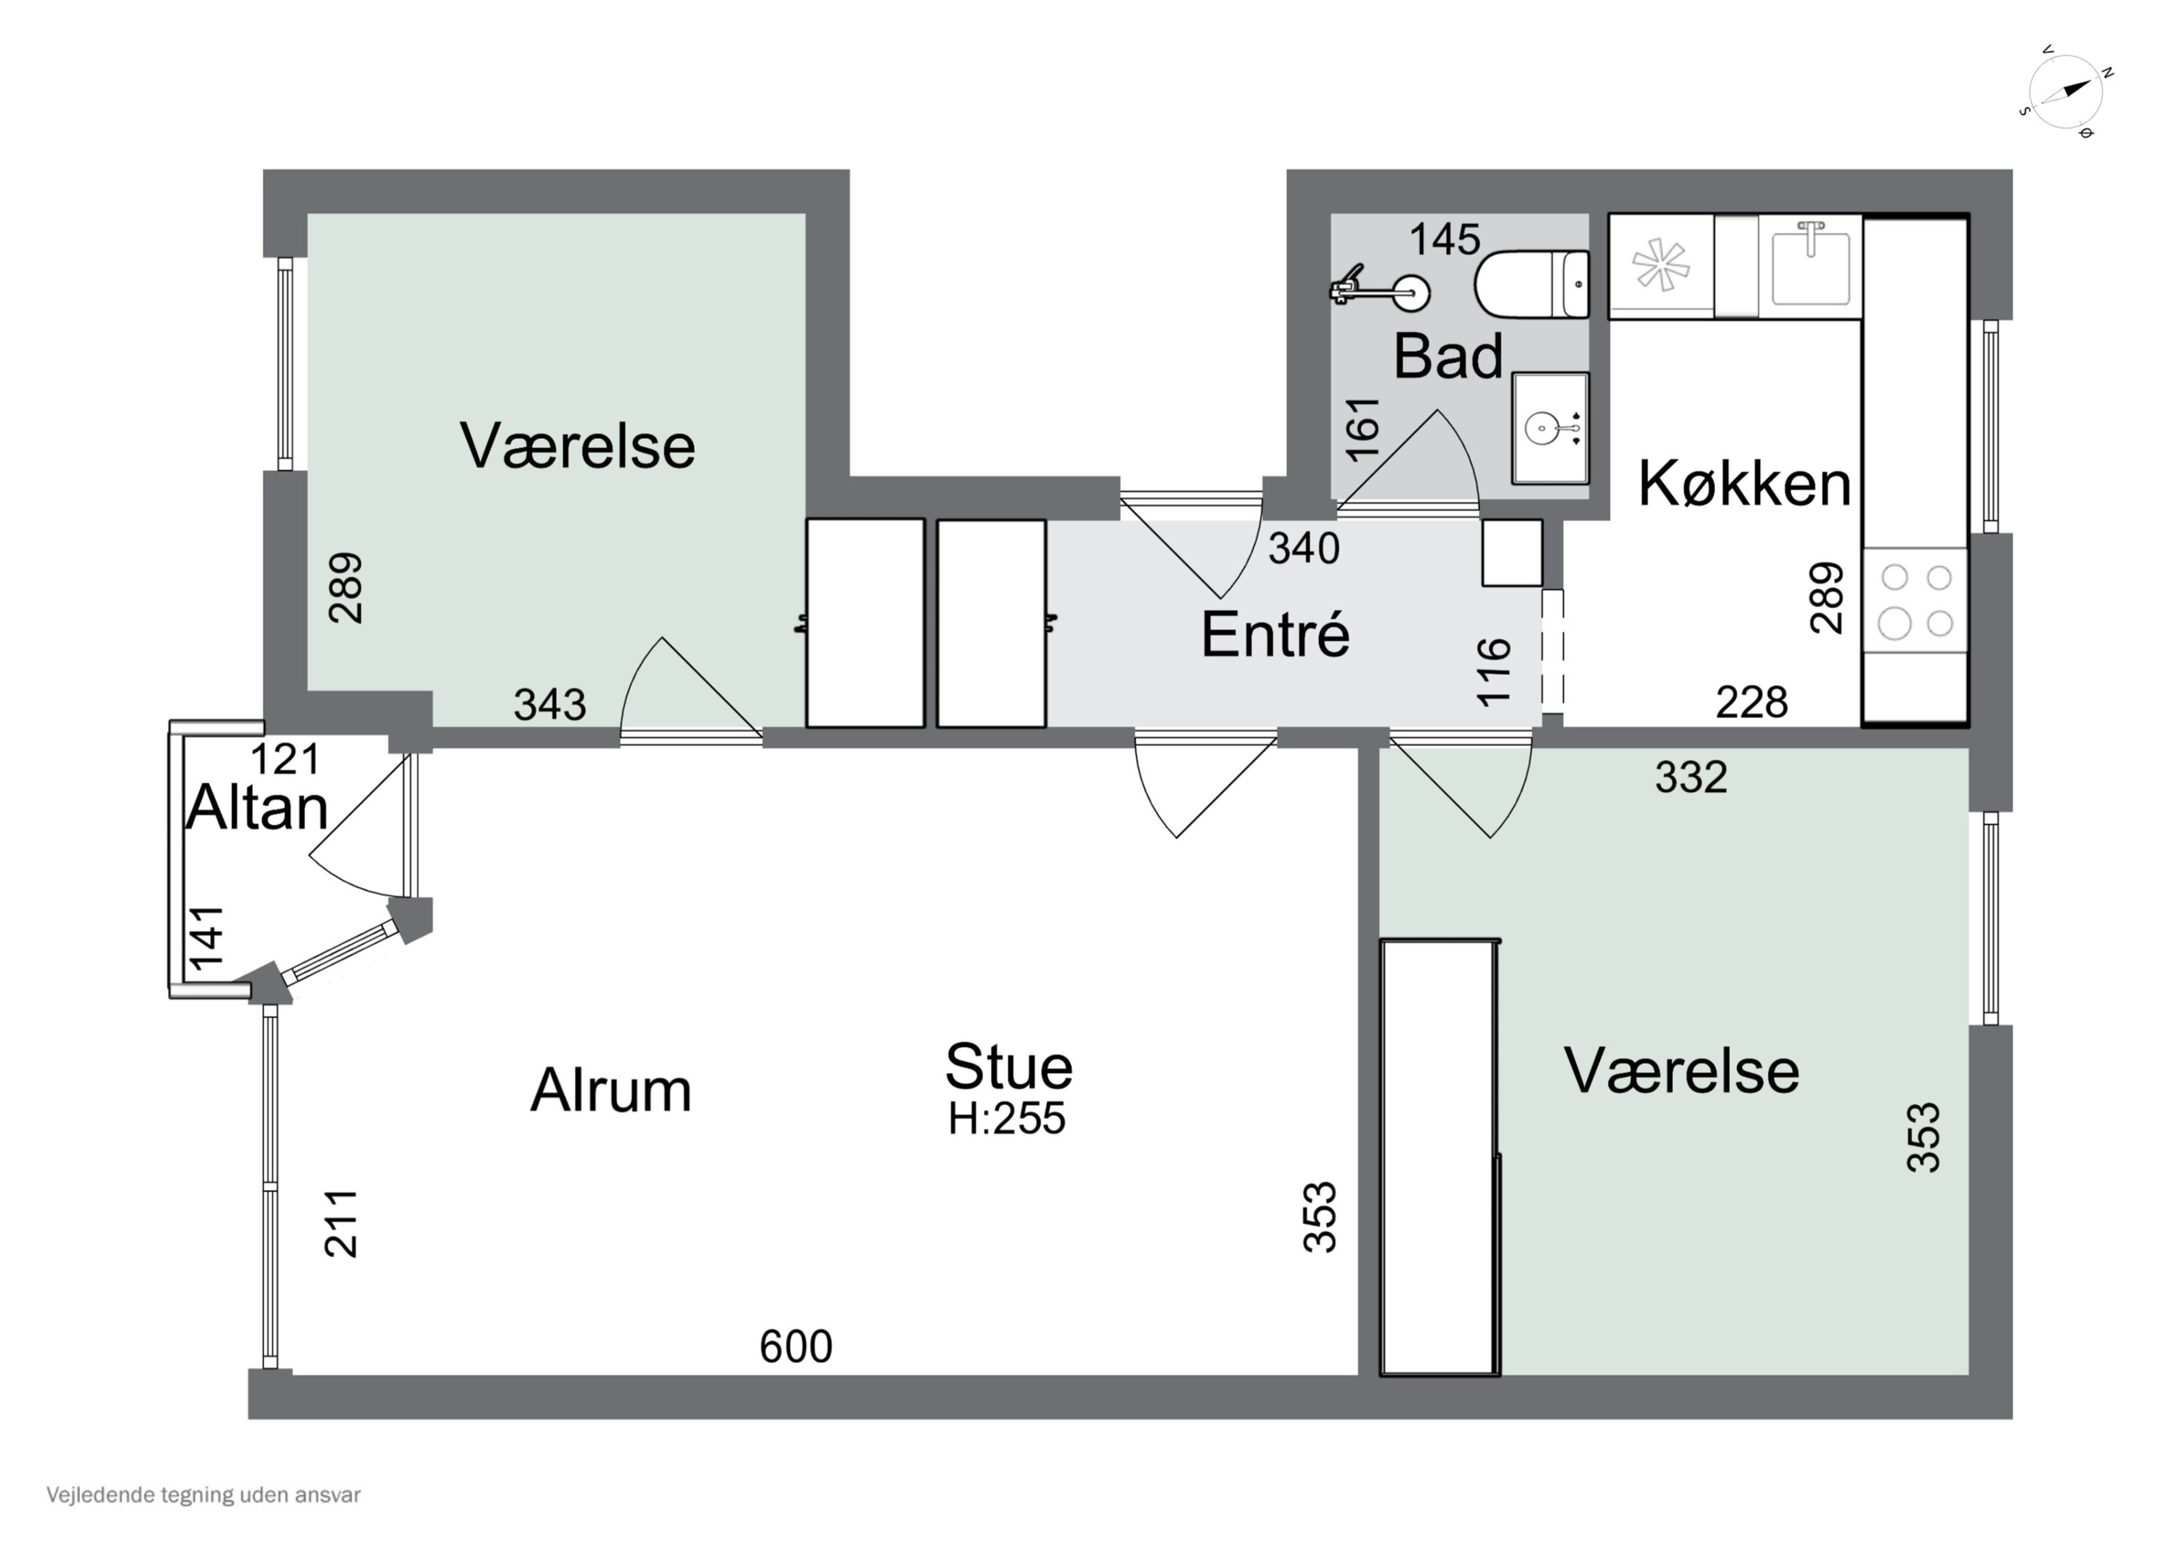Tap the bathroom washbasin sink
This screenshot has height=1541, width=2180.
[x=1549, y=428]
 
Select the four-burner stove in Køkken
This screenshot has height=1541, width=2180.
[x=1915, y=600]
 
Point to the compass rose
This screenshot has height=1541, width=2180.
[x=2066, y=91]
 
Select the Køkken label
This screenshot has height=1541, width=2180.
[x=1744, y=483]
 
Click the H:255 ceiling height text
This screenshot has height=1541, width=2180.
[x=1006, y=1118]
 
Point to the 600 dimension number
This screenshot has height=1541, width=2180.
[x=796, y=1346]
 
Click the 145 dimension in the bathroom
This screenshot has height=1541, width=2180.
[x=1444, y=239]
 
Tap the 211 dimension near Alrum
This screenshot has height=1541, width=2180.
[x=342, y=1224]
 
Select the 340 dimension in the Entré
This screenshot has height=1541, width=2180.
[x=1304, y=549]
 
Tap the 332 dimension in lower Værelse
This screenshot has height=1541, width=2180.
[x=1690, y=777]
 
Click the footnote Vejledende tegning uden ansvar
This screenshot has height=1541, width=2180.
[x=203, y=1495]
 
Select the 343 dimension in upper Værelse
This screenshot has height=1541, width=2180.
[x=550, y=705]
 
